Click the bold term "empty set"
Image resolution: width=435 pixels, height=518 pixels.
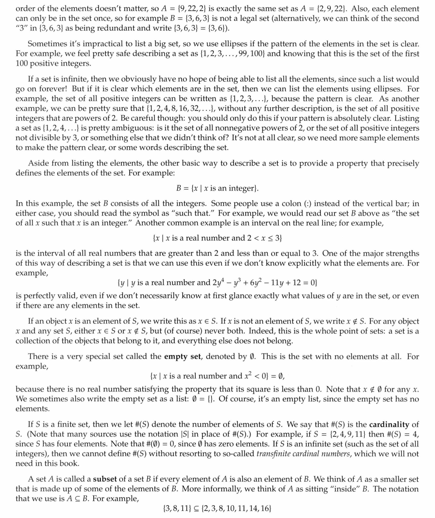[x=183, y=356]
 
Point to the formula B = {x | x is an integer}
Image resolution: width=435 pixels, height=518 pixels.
[x=217, y=188]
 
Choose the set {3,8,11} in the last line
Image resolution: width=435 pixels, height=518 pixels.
[x=177, y=509]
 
